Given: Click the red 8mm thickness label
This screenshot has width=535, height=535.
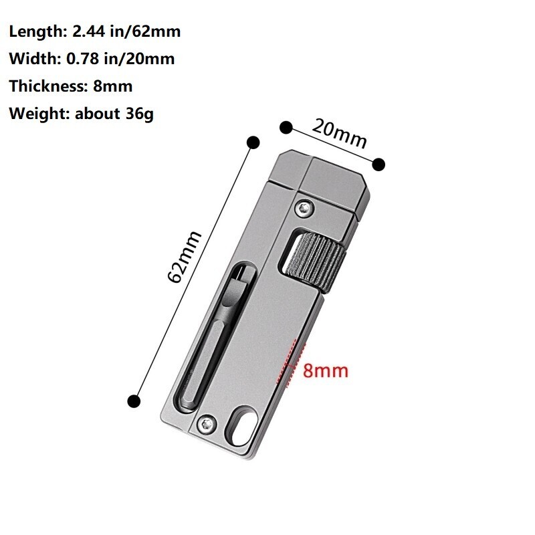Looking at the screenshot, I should pyautogui.click(x=326, y=370).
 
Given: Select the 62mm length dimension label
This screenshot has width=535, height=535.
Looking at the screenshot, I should pyautogui.click(x=185, y=256).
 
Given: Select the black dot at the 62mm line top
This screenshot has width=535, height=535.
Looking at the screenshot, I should pyautogui.click(x=253, y=142).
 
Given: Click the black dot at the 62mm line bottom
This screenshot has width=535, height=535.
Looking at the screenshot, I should pyautogui.click(x=134, y=401).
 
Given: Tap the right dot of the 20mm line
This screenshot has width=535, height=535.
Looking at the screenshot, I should pyautogui.click(x=379, y=164).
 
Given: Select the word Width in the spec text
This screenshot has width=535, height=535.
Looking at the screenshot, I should pyautogui.click(x=31, y=59).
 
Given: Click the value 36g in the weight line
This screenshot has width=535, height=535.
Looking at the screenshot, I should pyautogui.click(x=139, y=114).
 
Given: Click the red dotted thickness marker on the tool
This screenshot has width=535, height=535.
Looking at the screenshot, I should pyautogui.click(x=290, y=364).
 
